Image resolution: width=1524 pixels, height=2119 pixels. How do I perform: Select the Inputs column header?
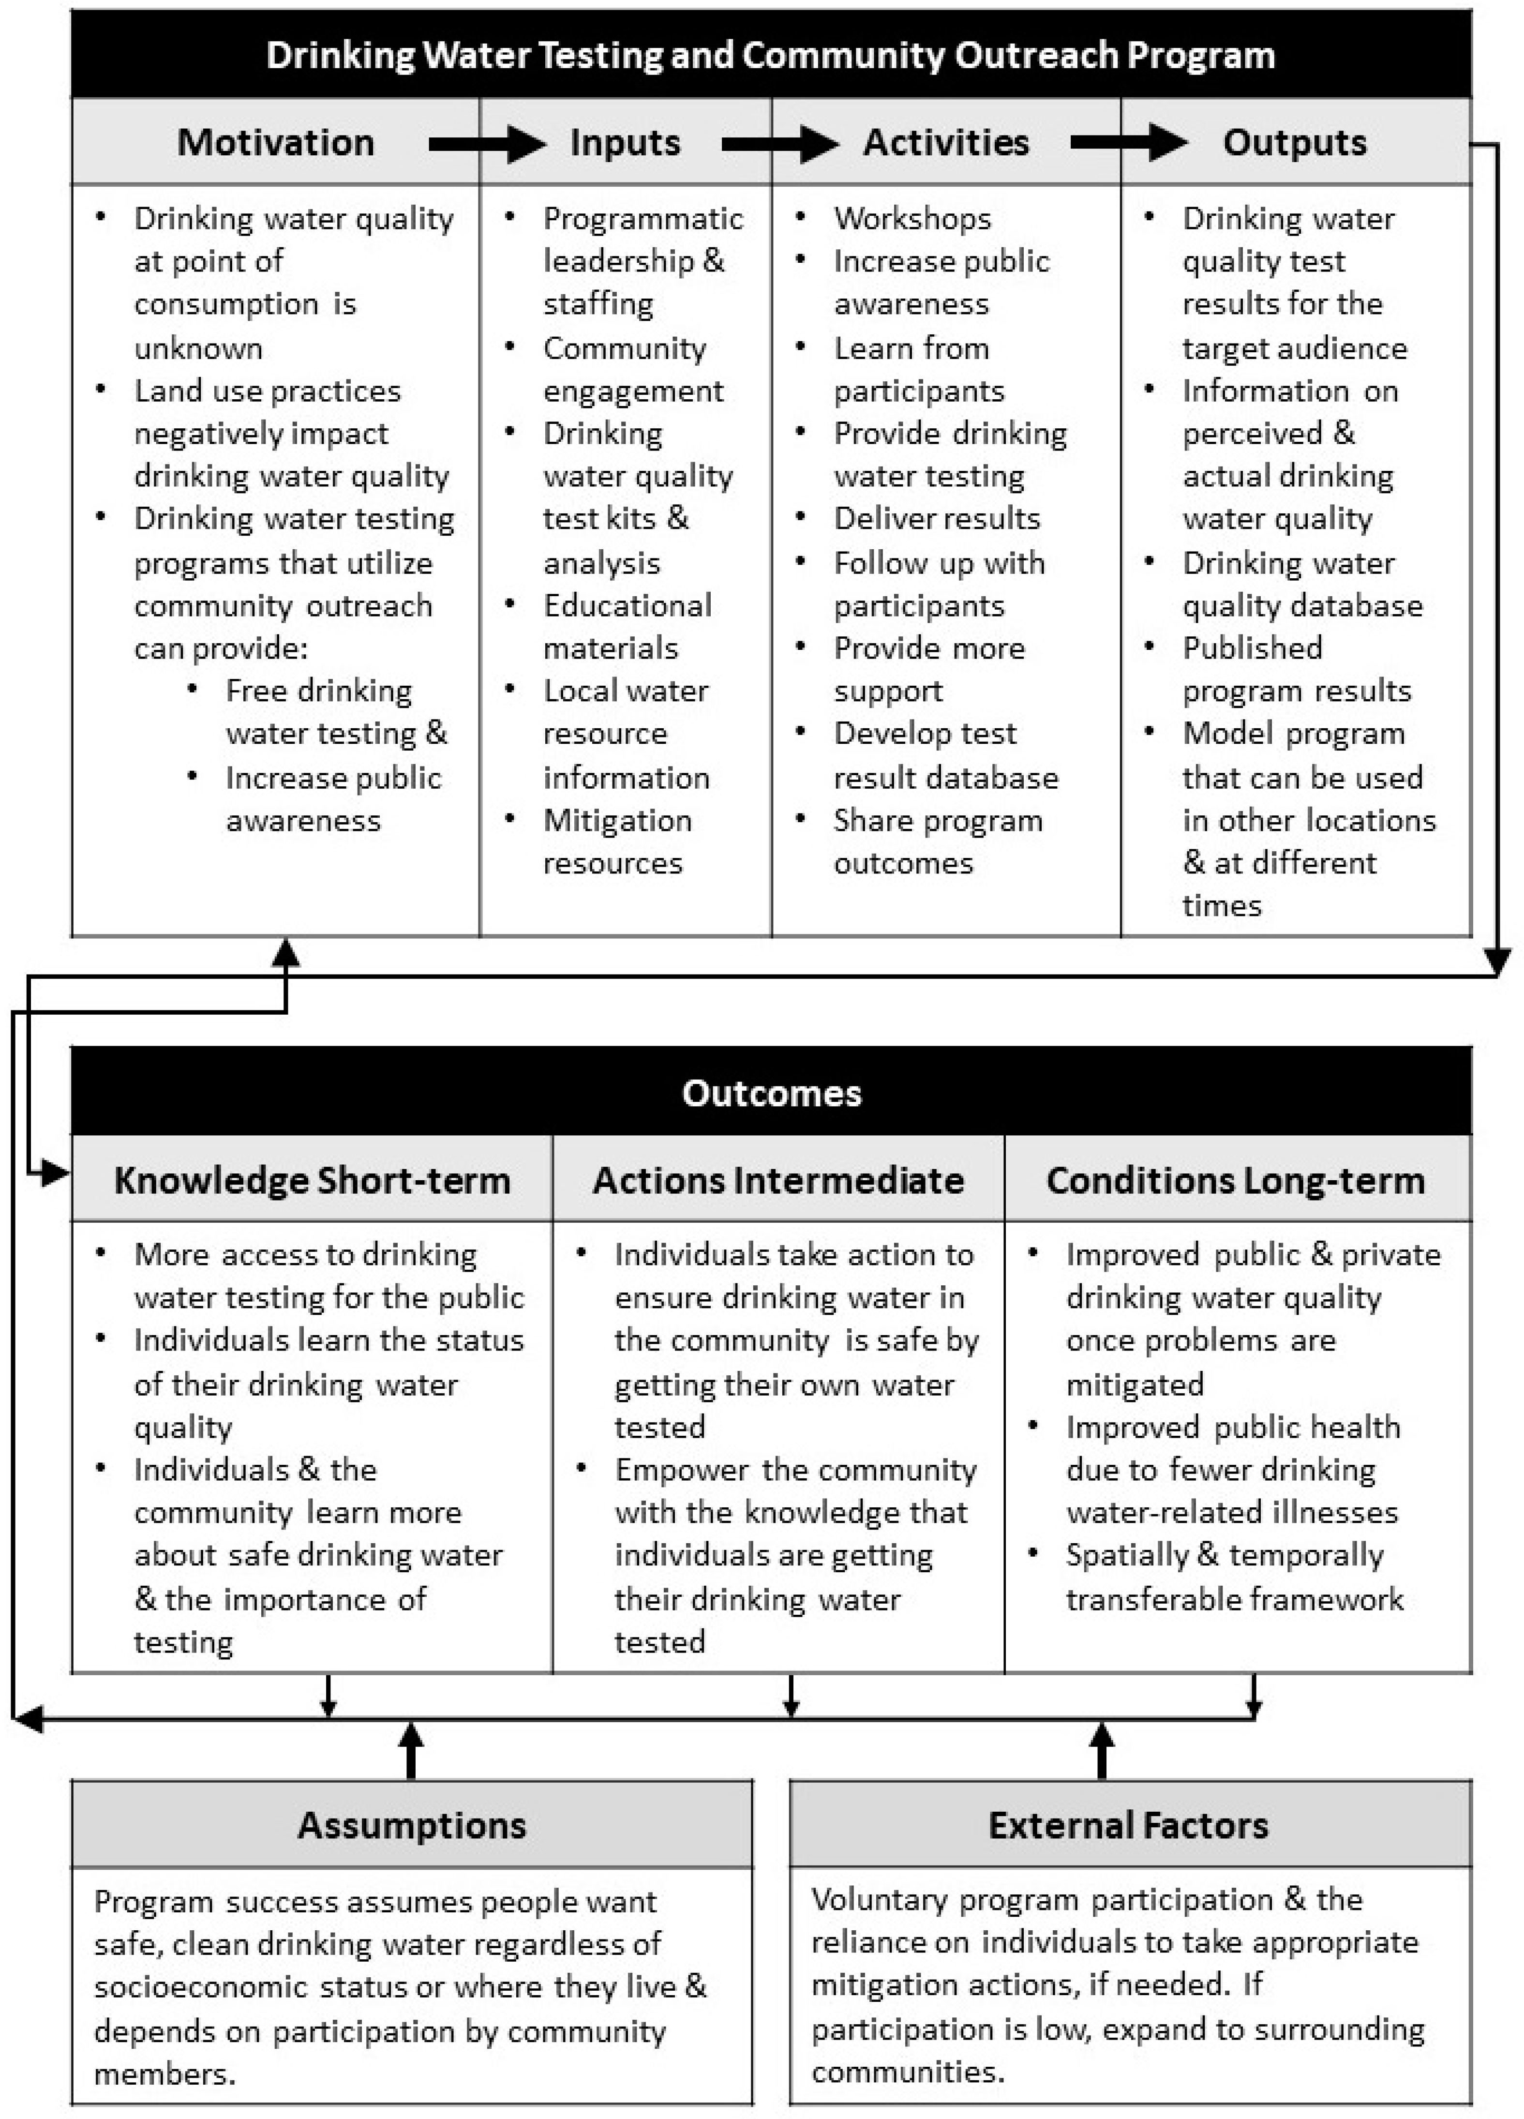tap(625, 142)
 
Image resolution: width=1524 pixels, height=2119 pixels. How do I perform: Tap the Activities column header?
tap(946, 142)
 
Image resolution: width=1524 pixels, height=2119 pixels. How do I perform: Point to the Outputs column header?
tap(1294, 142)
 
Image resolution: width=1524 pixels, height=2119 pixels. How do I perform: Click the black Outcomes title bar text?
tap(772, 1092)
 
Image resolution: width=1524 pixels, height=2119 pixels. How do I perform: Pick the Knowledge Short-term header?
tap(312, 1180)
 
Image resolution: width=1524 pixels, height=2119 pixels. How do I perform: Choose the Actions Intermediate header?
tap(778, 1180)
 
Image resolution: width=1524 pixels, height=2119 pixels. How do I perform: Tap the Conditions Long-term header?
tap(1235, 1180)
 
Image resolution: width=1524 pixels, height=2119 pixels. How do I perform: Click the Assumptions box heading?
tap(412, 1825)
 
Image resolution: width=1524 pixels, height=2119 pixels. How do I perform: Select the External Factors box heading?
tap(1129, 1825)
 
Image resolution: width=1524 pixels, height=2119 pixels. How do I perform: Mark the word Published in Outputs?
tap(1252, 647)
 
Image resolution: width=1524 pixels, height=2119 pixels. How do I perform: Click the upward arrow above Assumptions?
tap(411, 1748)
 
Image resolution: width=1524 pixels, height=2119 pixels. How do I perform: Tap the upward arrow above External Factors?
tap(1103, 1748)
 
